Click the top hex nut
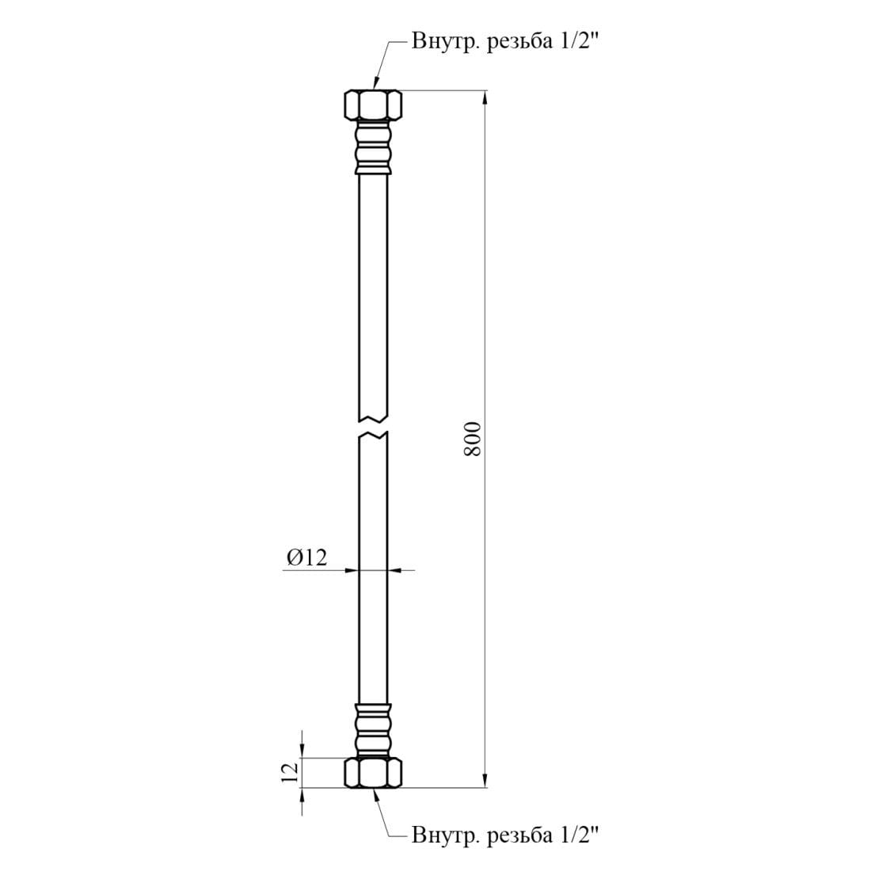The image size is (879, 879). pos(373,105)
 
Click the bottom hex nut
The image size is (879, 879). pos(373,773)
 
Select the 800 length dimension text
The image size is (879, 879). pos(473,439)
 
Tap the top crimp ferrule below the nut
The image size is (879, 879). pos(373,146)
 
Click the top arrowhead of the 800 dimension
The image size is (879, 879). pos(484,98)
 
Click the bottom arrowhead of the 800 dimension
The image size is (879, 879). pos(484,781)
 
